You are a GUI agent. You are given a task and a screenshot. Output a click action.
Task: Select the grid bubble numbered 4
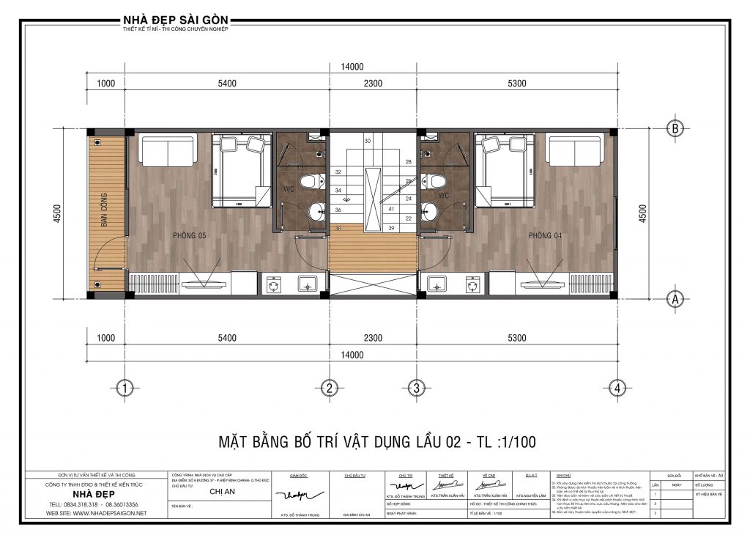tap(618, 388)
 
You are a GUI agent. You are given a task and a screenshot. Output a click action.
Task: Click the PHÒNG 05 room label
tap(189, 235)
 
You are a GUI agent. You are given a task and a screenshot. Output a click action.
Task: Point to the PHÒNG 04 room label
tap(545, 235)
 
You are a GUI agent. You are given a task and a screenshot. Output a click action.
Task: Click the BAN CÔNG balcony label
tap(105, 210)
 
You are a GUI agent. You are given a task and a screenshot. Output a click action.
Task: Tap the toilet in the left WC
tap(313, 180)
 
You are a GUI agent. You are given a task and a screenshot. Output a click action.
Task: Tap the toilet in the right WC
tap(437, 180)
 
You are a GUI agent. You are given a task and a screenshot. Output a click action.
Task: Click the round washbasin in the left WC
tap(316, 213)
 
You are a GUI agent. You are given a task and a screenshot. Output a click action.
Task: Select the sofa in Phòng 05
tap(168, 151)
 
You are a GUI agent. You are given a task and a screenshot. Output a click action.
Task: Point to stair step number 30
tap(368, 140)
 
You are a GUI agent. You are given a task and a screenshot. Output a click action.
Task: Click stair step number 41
tap(391, 209)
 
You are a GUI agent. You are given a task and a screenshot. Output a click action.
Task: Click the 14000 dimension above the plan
tap(352, 67)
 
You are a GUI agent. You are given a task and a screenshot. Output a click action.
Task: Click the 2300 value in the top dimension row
tap(372, 84)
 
